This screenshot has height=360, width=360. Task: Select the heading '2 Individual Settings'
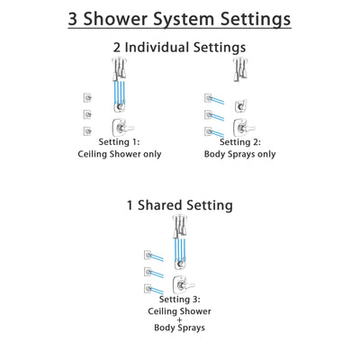(x=180, y=48)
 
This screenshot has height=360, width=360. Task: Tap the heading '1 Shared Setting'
(x=180, y=205)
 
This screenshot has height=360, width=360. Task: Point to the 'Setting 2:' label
(x=242, y=142)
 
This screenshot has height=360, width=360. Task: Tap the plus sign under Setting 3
(x=180, y=323)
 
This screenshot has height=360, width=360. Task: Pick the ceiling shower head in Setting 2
(x=240, y=68)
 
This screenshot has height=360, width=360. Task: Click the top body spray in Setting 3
(x=145, y=254)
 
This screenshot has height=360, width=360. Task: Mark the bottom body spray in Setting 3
(x=145, y=288)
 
